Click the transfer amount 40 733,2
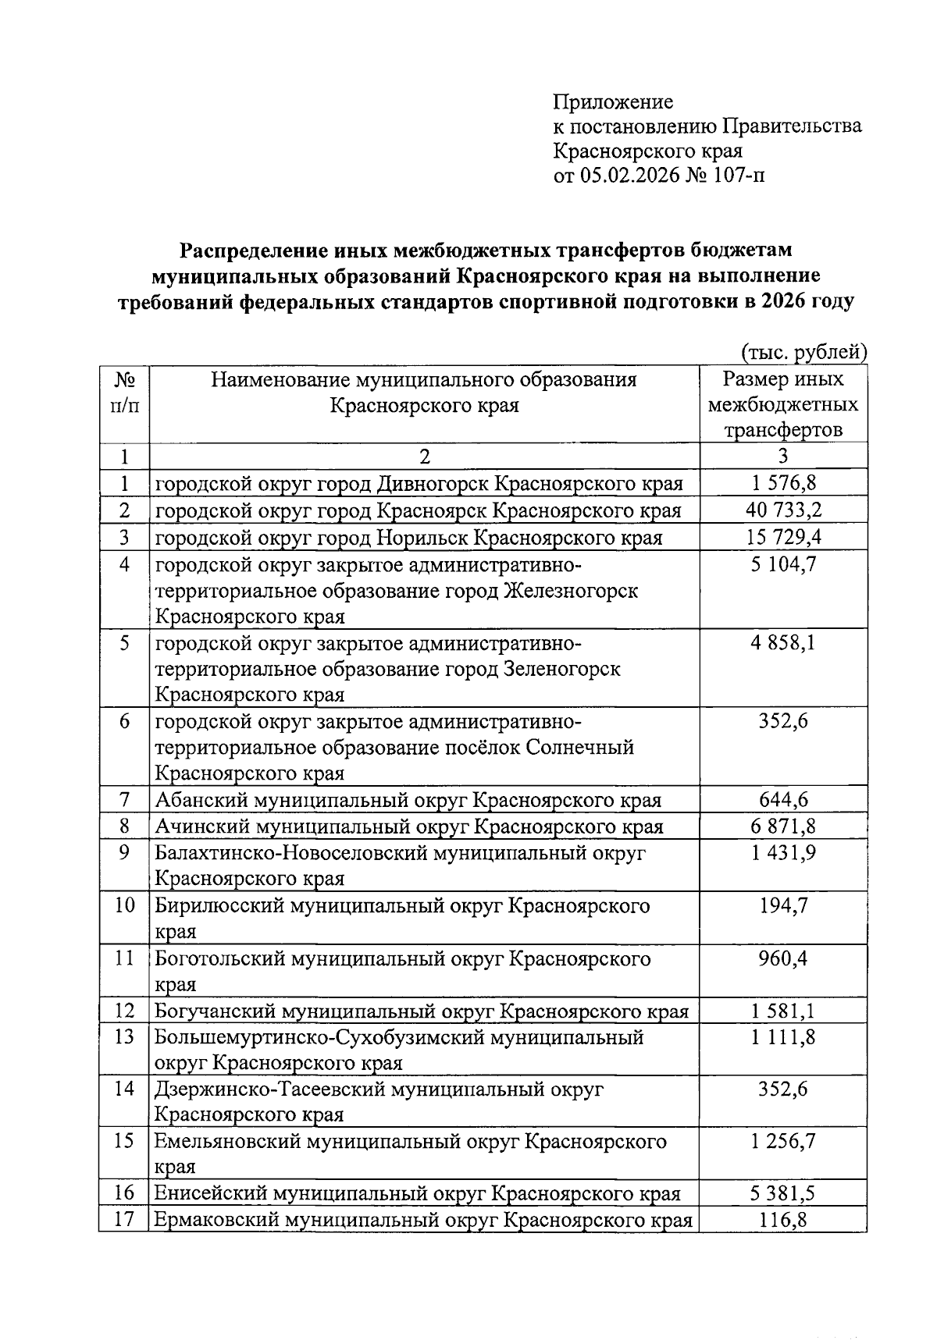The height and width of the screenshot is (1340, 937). (x=783, y=510)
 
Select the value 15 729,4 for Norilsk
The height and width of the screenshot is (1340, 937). (x=783, y=537)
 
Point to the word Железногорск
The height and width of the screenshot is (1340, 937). (x=572, y=591)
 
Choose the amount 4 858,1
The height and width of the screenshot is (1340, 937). (x=783, y=643)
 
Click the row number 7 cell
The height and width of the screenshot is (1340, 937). (x=124, y=800)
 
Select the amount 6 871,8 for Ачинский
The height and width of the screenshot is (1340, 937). (x=783, y=826)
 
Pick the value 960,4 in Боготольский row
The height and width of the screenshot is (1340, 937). (x=783, y=959)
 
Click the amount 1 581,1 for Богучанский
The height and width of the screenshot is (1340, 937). (x=783, y=1012)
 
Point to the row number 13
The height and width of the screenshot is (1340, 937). (x=124, y=1037)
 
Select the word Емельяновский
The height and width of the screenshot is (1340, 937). (x=227, y=1143)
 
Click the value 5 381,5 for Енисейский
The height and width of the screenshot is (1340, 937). (x=783, y=1193)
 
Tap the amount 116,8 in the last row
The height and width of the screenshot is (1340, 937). (x=783, y=1220)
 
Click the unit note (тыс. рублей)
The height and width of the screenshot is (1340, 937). (x=803, y=353)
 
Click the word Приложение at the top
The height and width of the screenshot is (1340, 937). (x=613, y=102)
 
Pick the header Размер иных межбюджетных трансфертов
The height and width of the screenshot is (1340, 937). (x=783, y=405)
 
